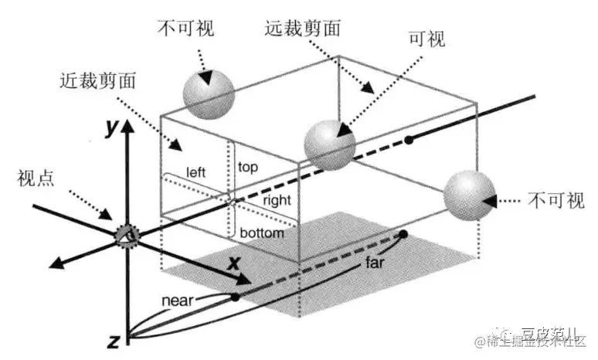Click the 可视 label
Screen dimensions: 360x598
click(426, 39)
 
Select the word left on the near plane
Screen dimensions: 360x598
click(195, 172)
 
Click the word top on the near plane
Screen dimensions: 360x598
click(248, 166)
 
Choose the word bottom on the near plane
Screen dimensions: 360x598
click(262, 232)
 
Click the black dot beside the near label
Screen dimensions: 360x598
click(235, 297)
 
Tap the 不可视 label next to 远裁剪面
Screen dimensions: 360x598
click(185, 29)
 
